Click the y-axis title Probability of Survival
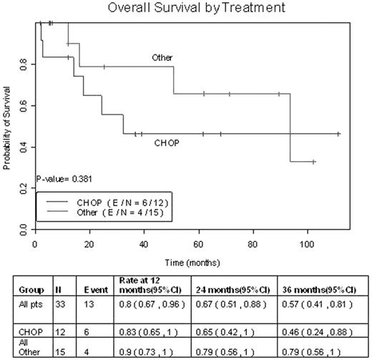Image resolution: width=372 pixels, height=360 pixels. point(7,127)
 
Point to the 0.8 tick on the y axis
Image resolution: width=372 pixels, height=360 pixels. point(24,64)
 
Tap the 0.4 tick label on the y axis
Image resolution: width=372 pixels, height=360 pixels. point(24,147)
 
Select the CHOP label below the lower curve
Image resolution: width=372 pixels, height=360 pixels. point(166,143)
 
